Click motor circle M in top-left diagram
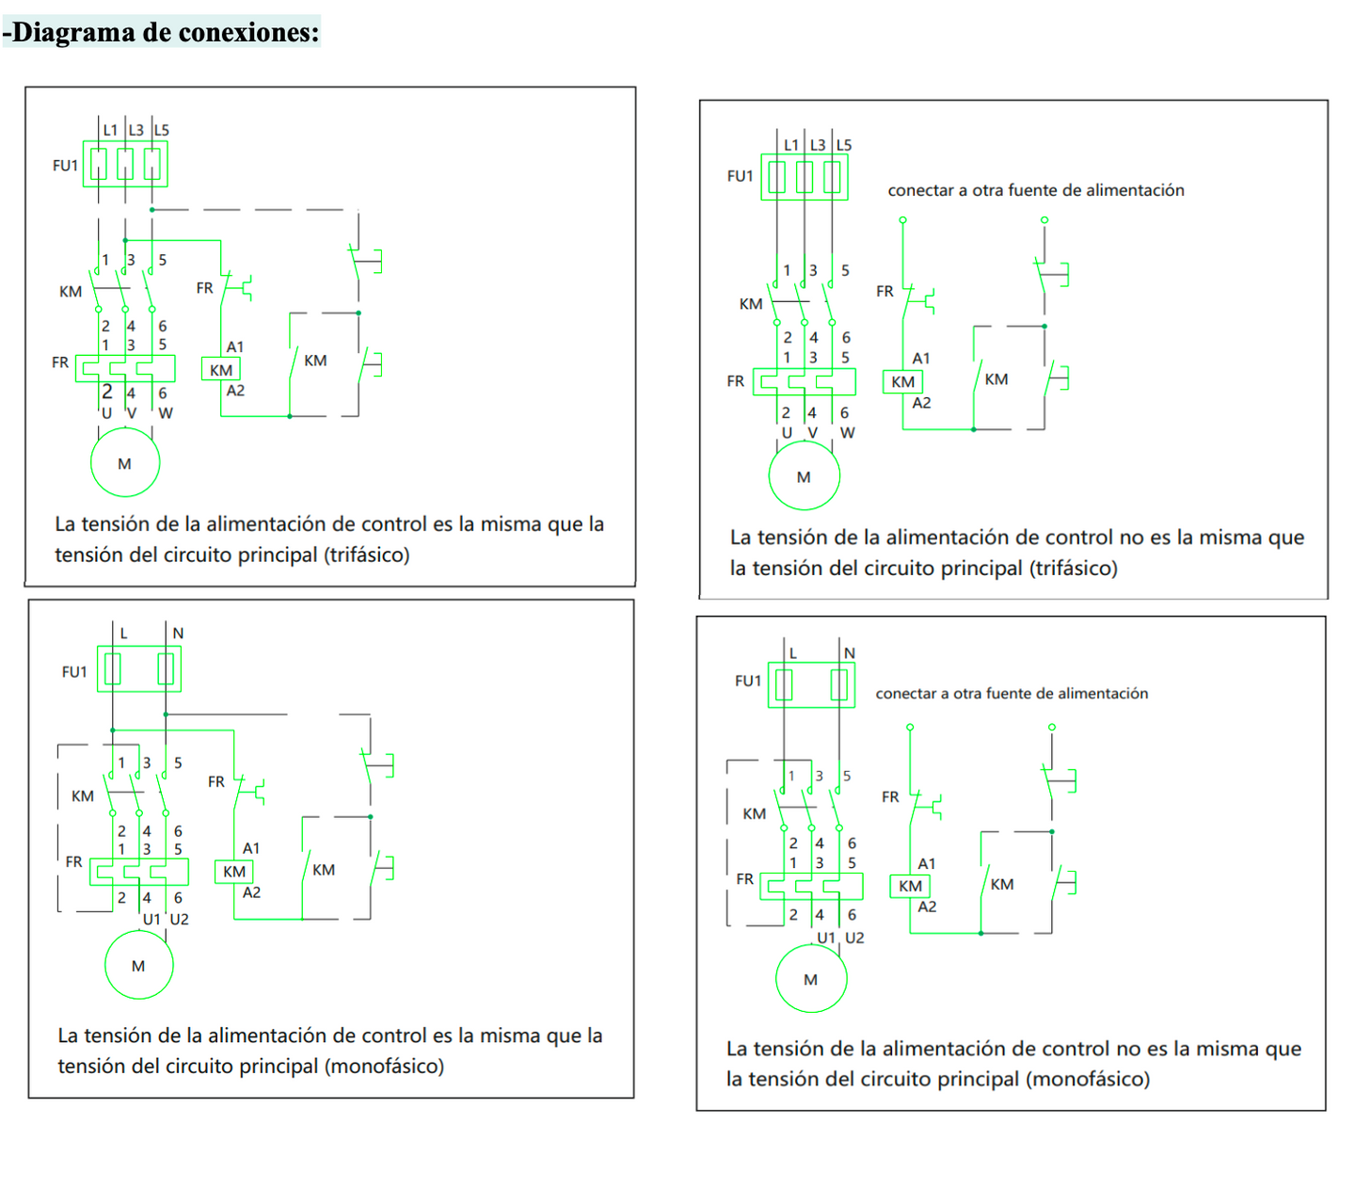click(125, 462)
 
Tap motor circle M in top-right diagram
click(804, 476)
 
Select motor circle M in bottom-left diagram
click(138, 965)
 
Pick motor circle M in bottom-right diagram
click(810, 979)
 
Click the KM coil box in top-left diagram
click(221, 370)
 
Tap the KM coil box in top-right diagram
click(902, 381)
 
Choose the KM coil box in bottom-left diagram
click(234, 872)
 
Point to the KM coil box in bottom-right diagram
click(910, 886)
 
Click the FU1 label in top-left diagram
click(65, 166)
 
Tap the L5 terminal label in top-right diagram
click(844, 145)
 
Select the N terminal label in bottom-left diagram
click(178, 634)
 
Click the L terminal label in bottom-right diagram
click(793, 652)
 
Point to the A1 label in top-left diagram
click(235, 347)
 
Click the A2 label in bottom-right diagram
click(927, 907)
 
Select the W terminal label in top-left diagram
click(166, 413)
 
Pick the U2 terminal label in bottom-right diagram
click(854, 938)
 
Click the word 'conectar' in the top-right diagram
click(919, 190)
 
